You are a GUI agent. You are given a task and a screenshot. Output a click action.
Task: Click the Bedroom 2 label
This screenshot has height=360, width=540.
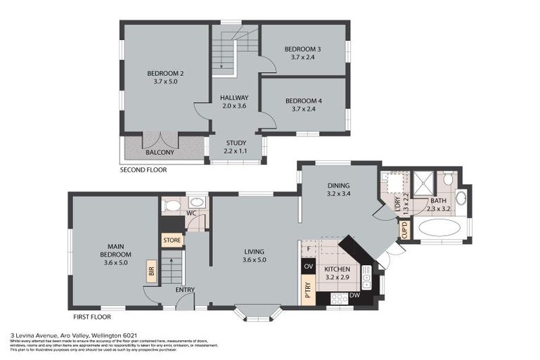tap(165, 73)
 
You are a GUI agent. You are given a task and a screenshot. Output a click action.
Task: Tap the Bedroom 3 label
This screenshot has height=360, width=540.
tap(302, 49)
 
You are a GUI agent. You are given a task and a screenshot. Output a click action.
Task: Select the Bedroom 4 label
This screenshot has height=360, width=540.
tap(302, 101)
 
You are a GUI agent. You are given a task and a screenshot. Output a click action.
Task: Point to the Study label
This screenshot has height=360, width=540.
tap(236, 143)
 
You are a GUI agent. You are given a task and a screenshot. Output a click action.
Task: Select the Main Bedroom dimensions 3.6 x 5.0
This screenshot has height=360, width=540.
tap(115, 263)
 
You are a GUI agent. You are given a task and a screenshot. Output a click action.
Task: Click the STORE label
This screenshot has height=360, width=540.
tap(172, 240)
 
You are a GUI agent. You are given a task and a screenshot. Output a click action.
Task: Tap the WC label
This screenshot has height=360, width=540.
tap(191, 213)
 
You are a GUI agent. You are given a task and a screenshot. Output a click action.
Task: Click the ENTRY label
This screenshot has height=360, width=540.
tap(186, 290)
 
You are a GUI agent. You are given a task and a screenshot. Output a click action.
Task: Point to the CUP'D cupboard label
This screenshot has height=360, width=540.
tap(404, 231)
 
